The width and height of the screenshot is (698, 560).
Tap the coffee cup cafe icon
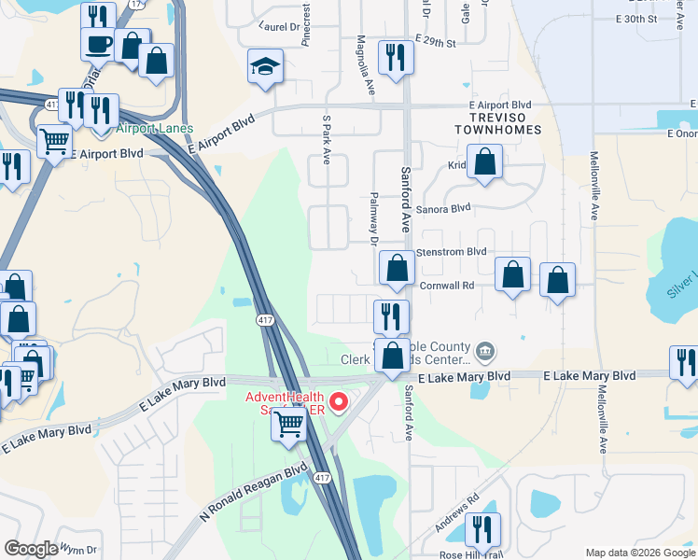tap(98, 43)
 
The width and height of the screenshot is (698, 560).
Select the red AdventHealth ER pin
tap(338, 403)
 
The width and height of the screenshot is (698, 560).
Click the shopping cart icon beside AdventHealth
tap(288, 425)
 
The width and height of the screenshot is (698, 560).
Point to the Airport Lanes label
tap(155, 128)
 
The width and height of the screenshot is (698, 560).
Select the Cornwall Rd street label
tap(448, 286)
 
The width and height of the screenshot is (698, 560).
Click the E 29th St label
tap(435, 44)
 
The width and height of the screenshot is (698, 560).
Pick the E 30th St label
tap(638, 20)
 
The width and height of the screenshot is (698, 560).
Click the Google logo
tap(31, 550)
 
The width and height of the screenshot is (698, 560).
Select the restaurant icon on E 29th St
tap(395, 57)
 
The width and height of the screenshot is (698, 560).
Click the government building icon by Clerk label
tap(484, 351)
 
